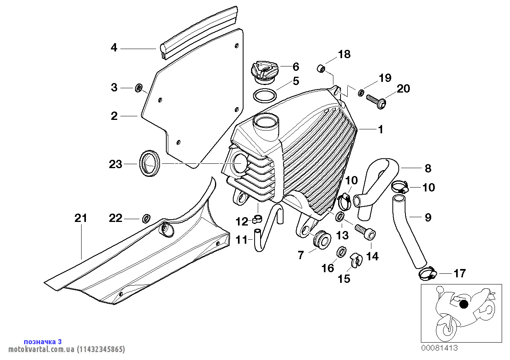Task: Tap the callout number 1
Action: (380, 129)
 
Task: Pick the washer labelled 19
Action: (361, 93)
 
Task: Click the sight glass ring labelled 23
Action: (149, 163)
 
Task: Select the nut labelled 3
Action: (139, 87)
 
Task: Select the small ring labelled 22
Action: (146, 218)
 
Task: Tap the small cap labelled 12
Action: (258, 218)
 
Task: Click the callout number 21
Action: (81, 218)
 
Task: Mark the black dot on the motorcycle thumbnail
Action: (464, 304)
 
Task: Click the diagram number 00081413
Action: (439, 348)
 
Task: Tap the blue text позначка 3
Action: (43, 341)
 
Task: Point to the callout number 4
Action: (114, 48)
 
